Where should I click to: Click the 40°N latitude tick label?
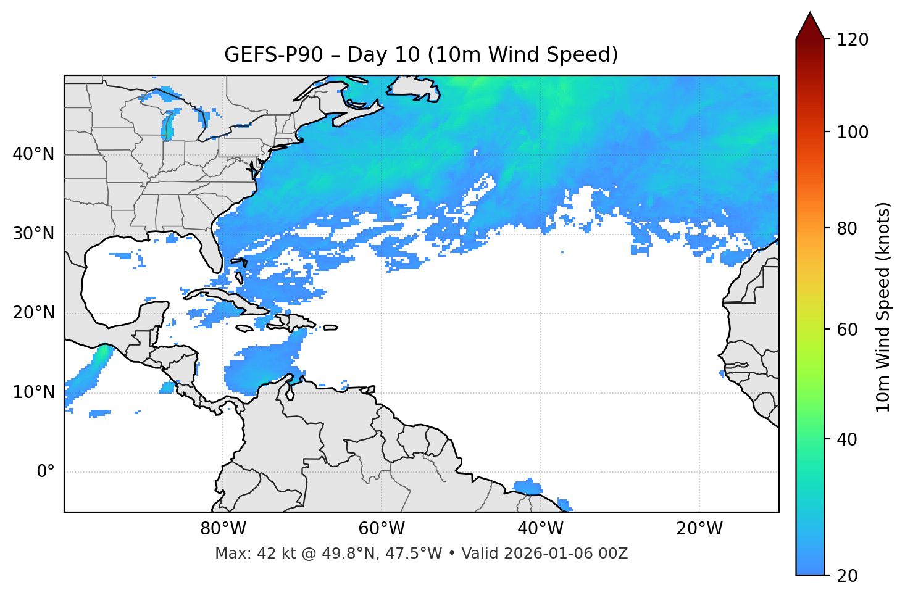pyautogui.click(x=33, y=154)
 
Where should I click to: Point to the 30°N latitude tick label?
pyautogui.click(x=33, y=234)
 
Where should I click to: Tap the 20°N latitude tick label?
pyautogui.click(x=33, y=313)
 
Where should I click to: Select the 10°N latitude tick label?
pyautogui.click(x=33, y=392)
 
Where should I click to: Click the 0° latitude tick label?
pyautogui.click(x=45, y=472)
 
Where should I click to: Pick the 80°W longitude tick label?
pyautogui.click(x=223, y=529)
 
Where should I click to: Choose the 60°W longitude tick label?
pyautogui.click(x=382, y=529)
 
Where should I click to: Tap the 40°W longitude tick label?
pyautogui.click(x=541, y=529)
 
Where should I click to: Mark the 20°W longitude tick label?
pyautogui.click(x=699, y=529)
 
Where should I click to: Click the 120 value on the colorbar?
pyautogui.click(x=853, y=40)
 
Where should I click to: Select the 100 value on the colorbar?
pyautogui.click(x=853, y=132)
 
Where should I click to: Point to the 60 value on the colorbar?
pyautogui.click(x=847, y=330)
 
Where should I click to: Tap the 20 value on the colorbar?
pyautogui.click(x=847, y=576)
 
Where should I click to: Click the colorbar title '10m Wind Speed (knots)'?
pyautogui.click(x=883, y=307)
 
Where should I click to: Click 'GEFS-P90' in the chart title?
pyautogui.click(x=273, y=55)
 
